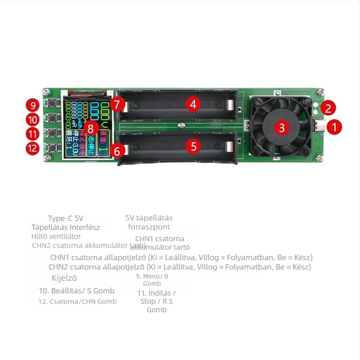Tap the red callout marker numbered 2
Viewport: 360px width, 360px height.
pos(328,108)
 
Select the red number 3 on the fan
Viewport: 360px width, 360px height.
pos(282,127)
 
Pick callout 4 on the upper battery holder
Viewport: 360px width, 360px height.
pos(193,104)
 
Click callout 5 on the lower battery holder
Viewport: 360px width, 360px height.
pos(193,146)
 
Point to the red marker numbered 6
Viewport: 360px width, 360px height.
pos(117,151)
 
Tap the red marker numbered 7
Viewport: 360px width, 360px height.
pos(117,104)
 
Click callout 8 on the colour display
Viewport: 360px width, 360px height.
pos(91,128)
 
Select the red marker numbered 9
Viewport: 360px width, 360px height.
pos(32,106)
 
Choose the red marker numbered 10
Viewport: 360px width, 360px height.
pos(32,120)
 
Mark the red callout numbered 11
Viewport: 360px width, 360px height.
pos(32,134)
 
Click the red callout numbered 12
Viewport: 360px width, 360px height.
pos(32,148)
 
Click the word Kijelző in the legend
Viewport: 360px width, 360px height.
pos(64,278)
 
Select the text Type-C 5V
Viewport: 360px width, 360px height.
pos(66,218)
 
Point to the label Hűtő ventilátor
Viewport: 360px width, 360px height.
pos(56,236)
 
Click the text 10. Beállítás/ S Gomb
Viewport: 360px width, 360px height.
pos(76,291)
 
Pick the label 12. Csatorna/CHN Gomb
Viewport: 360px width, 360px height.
pos(77,301)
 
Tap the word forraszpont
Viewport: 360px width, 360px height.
pos(149,227)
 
